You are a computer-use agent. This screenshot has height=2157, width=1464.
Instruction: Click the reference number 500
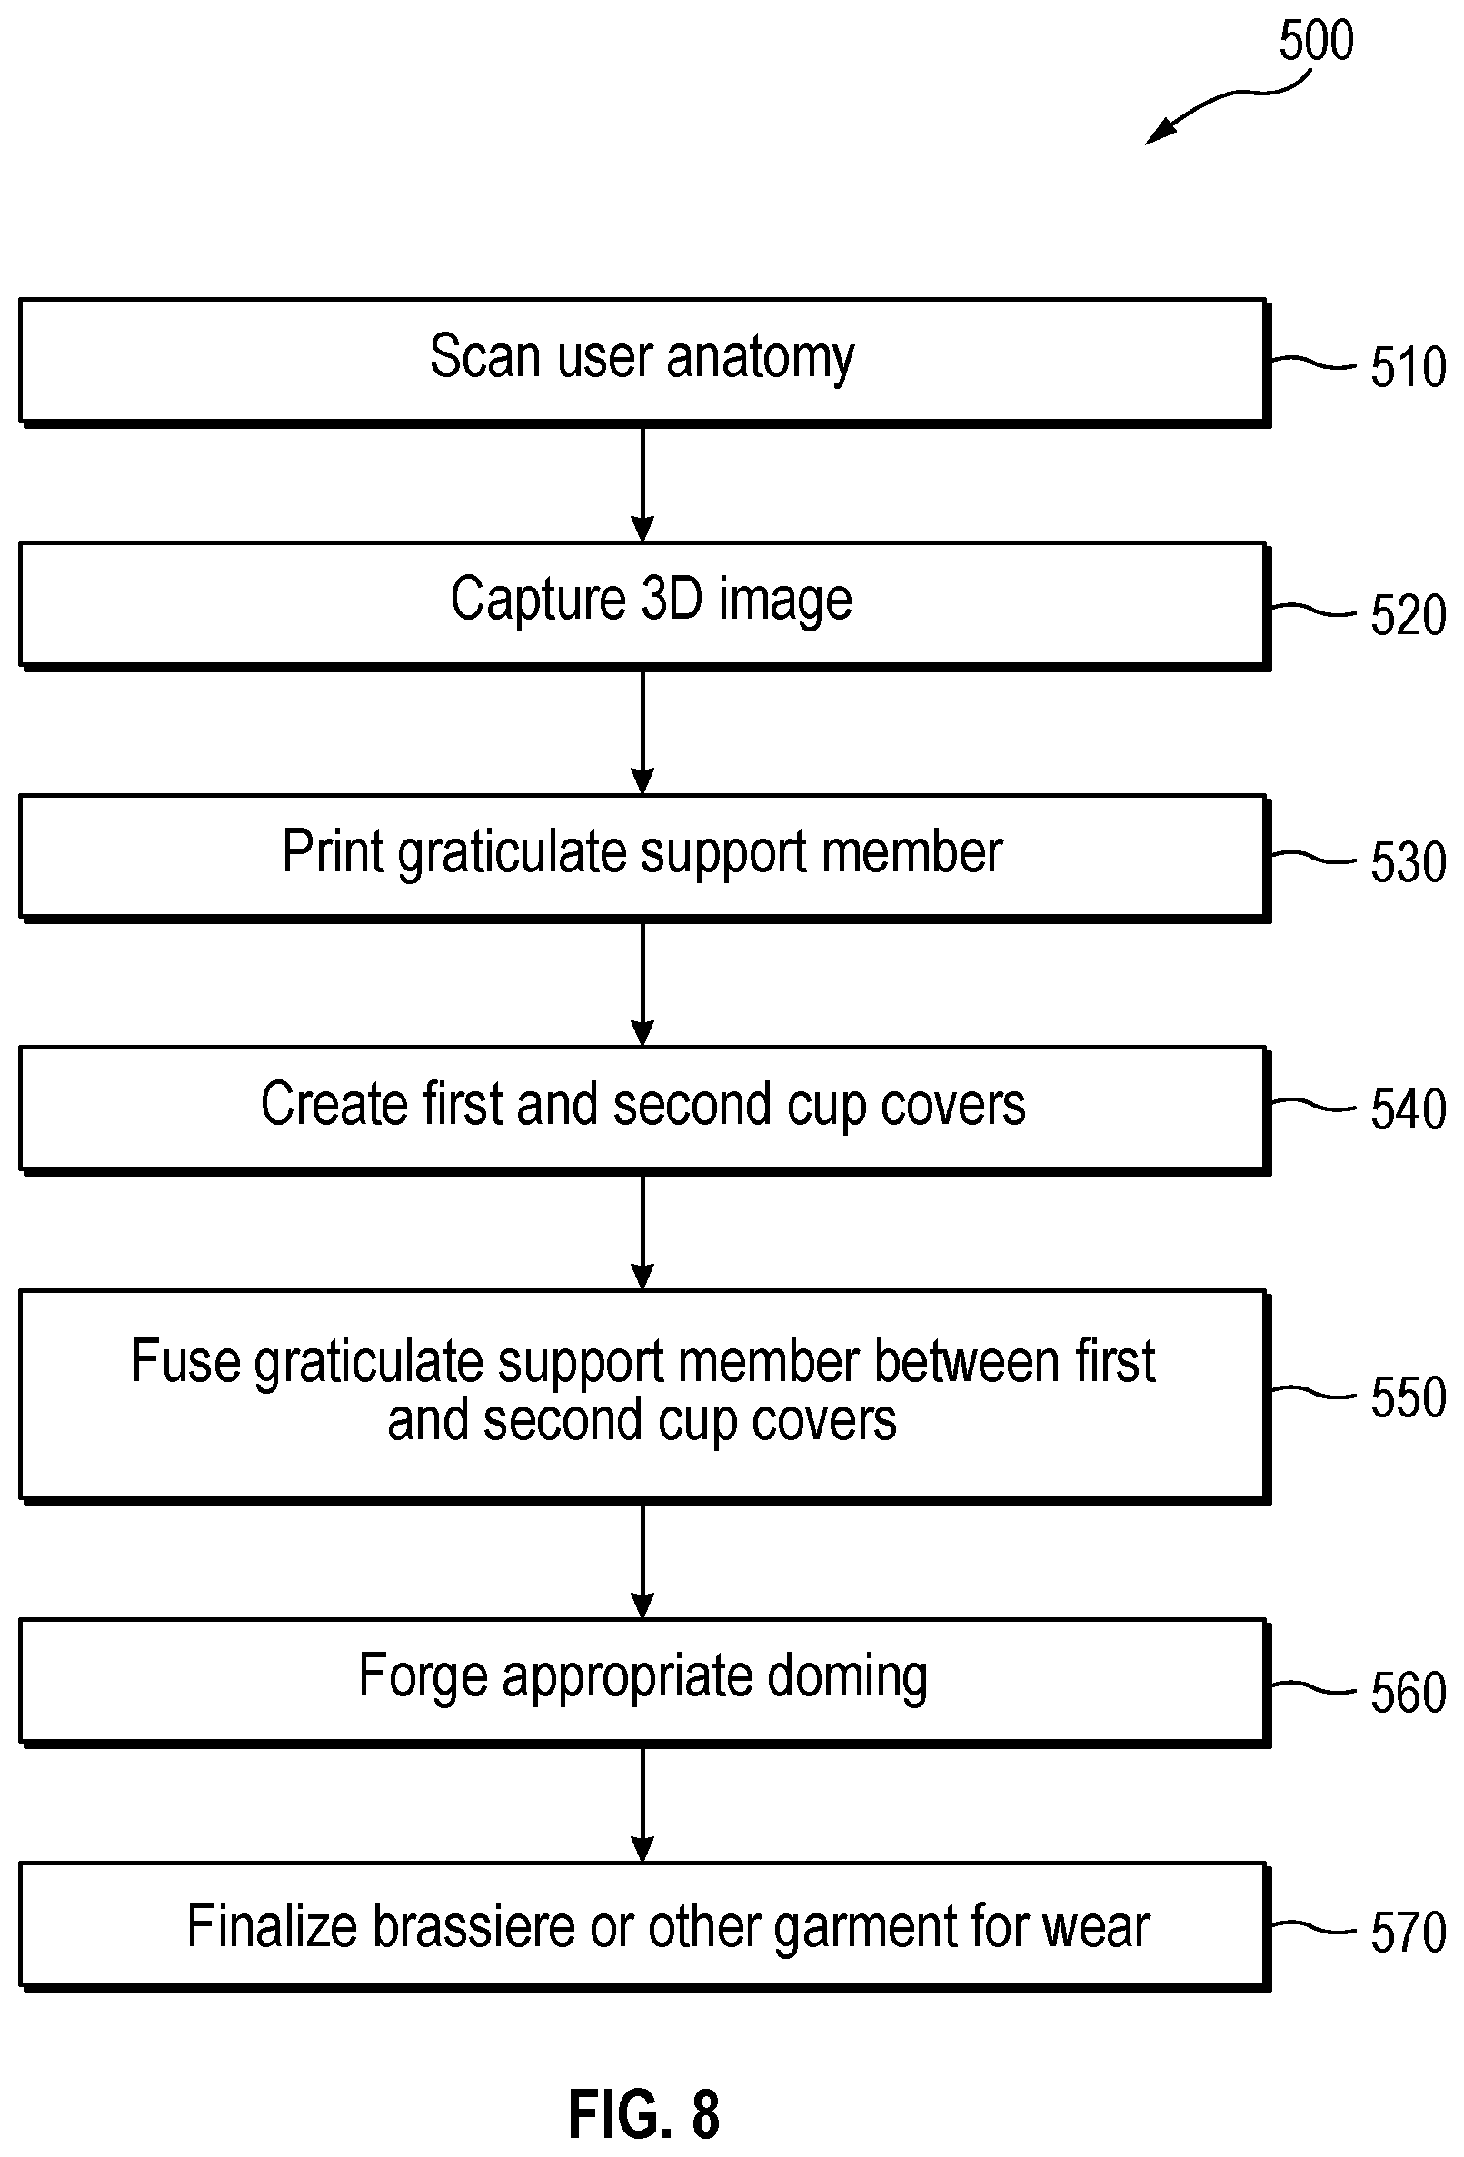pos(1316,41)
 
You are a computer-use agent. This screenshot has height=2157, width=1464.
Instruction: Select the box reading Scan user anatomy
pos(644,362)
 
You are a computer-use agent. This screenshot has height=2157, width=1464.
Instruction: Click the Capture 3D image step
pos(644,606)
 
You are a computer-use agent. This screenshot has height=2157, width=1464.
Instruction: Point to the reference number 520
pos(1409,615)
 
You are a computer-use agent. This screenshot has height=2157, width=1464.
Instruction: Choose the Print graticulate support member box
pos(644,859)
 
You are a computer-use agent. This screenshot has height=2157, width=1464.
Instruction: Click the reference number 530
pos(1409,862)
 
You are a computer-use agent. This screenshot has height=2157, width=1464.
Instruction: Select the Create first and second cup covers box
pos(644,1111)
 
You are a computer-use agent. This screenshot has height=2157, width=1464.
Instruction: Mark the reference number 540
pos(1409,1109)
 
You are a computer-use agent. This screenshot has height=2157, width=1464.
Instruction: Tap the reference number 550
pos(1409,1397)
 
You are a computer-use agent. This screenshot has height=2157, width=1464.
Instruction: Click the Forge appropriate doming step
pos(644,1683)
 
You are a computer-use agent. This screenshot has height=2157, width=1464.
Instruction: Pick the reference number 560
pos(1409,1692)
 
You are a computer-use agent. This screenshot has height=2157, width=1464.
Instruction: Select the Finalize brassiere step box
pos(644,1927)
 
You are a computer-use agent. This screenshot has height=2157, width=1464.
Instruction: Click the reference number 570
pos(1409,1933)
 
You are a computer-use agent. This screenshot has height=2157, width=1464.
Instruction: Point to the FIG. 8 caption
pos(643,2114)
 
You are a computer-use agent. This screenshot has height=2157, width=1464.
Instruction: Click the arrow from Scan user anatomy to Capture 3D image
pos(642,484)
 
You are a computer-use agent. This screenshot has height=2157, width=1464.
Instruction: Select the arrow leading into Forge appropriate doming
pos(642,1561)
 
